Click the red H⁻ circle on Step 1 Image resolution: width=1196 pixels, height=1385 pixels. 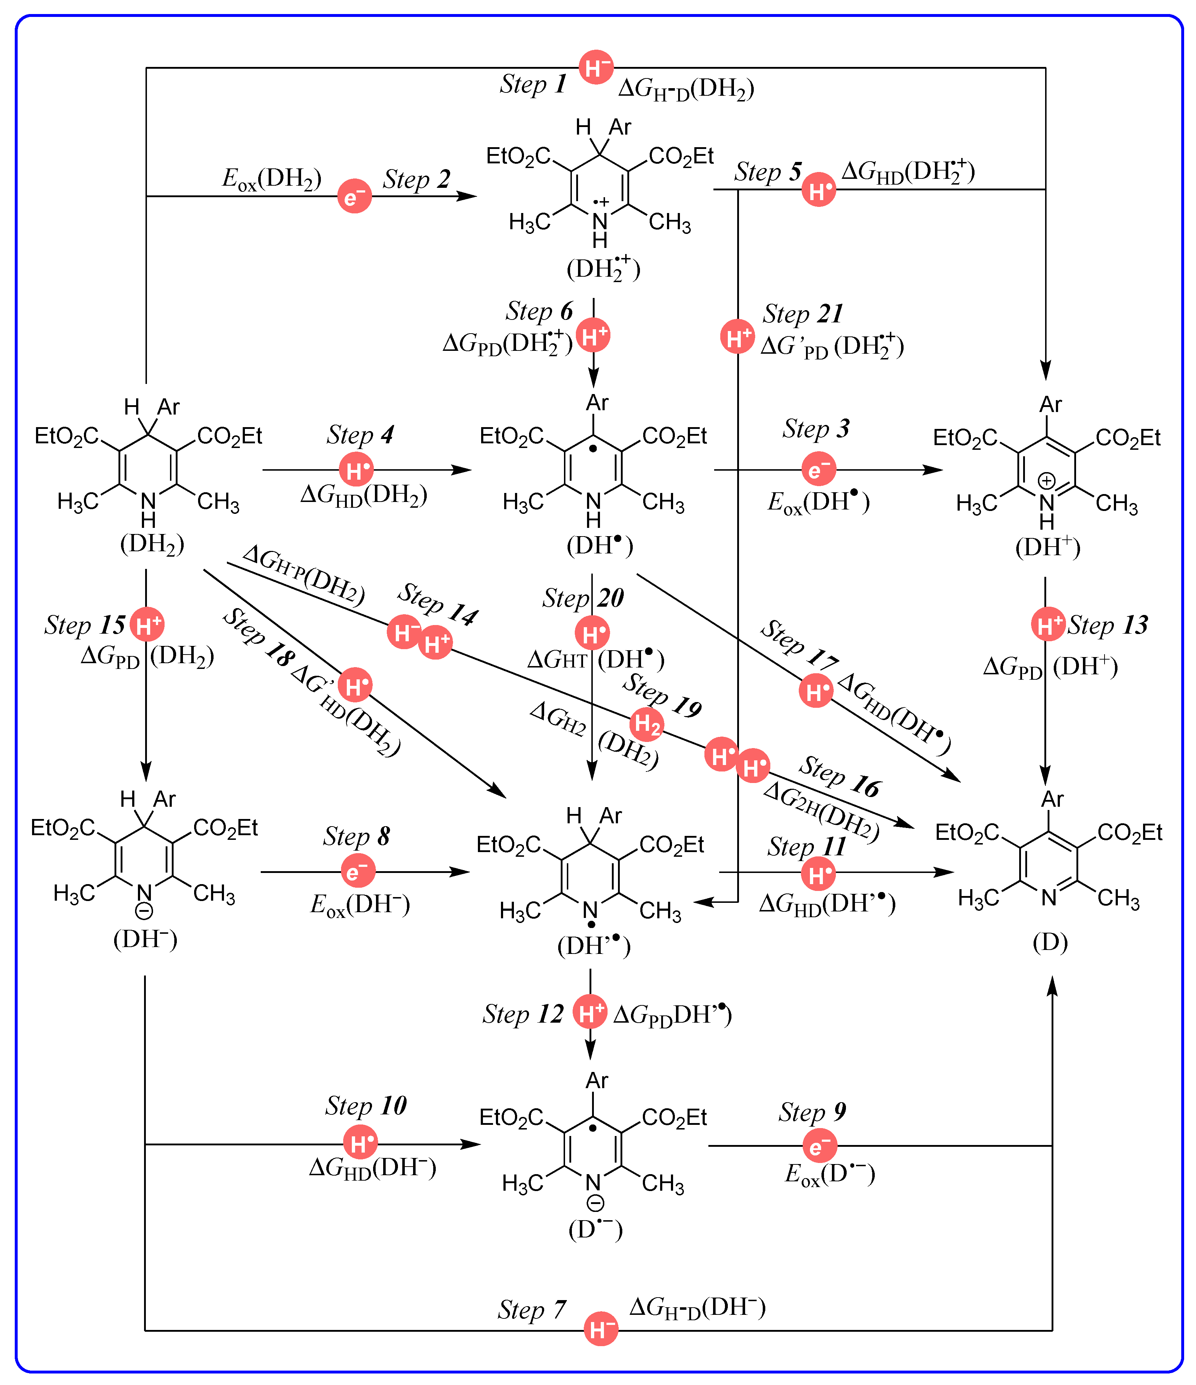[x=596, y=67]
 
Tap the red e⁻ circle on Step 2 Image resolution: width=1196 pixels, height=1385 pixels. [x=354, y=196]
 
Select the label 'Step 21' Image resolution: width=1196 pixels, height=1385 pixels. [x=803, y=313]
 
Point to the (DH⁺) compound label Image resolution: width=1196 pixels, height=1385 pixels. [x=1048, y=547]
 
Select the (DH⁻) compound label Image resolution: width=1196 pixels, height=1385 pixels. [x=145, y=939]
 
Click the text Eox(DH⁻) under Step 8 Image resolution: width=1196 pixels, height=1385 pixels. [x=360, y=904]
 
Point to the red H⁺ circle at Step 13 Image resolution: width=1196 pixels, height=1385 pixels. [x=1048, y=624]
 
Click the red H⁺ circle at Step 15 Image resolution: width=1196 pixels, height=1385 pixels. [x=147, y=624]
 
